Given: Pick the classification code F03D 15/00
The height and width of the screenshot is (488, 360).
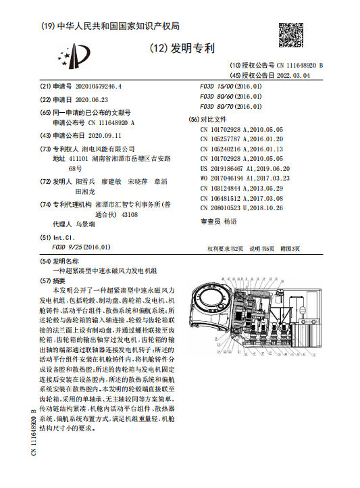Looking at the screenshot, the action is click(217, 87).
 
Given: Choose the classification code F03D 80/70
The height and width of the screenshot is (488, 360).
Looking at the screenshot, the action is click(217, 107).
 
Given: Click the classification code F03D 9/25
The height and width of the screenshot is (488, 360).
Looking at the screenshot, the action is click(69, 247).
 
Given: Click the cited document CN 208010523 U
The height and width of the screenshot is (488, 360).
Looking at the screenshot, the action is click(242, 208).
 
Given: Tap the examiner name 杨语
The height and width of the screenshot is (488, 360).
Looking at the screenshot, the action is click(230, 221).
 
